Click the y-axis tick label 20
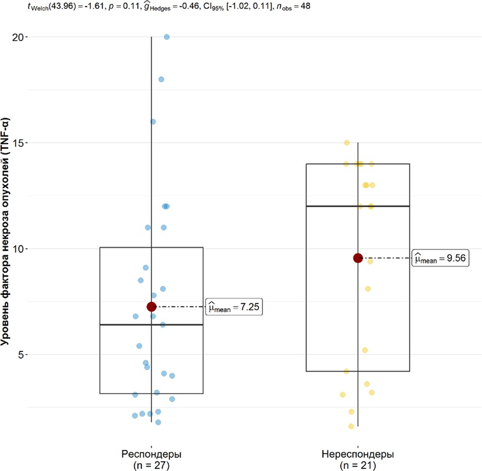pos(19,37)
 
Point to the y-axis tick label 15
pos(19,143)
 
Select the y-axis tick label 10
pos(19,249)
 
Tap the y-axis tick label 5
pos(23,354)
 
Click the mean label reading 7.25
pos(234,307)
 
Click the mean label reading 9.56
pos(441,259)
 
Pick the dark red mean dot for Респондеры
pos(151,307)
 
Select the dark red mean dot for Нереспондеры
pos(358,258)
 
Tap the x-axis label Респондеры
pos(151,454)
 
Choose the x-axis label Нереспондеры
pos(358,454)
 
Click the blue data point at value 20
pos(167,37)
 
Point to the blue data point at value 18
pos(161,79)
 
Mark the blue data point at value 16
pos(153,122)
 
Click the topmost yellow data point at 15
pos(347,143)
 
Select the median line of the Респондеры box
pos(123,325)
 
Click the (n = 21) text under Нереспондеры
pos(358,465)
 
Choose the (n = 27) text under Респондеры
pos(151,465)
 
